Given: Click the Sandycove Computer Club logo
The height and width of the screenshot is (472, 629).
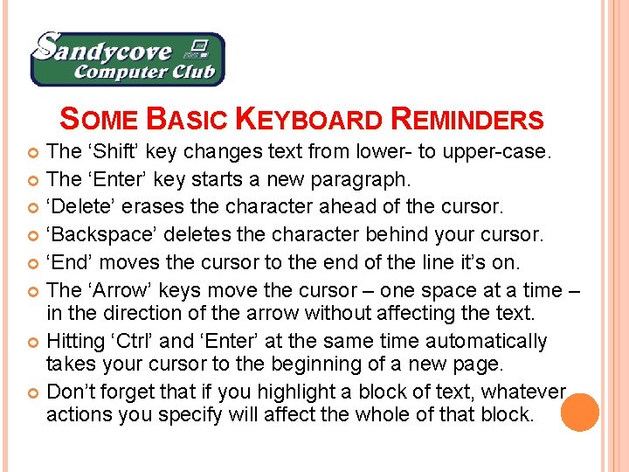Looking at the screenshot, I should [x=128, y=59].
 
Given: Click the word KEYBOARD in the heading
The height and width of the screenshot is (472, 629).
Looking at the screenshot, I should [x=309, y=120].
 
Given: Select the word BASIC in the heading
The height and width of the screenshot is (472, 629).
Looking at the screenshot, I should [x=186, y=120].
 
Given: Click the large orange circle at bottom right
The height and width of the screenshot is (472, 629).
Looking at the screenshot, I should [x=579, y=412].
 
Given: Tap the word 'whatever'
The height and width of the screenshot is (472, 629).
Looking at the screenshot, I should [x=524, y=391].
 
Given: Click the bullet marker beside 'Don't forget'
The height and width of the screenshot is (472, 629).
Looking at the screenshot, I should [x=34, y=392].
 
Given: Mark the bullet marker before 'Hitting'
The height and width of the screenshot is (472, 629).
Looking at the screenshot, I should [x=34, y=342].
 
